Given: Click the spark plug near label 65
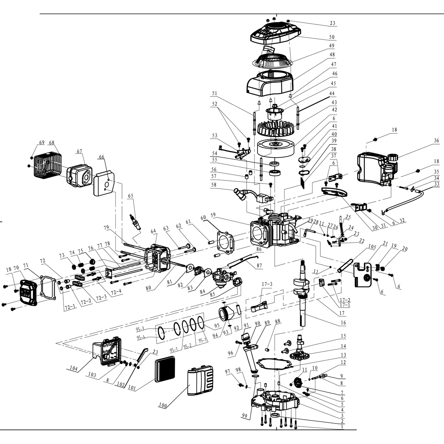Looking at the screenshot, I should tap(136, 222).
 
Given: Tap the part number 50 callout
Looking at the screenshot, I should tap(331, 37).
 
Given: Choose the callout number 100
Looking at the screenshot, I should tap(163, 405).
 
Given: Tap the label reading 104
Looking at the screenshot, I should tap(73, 368).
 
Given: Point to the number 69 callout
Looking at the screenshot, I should tap(41, 143).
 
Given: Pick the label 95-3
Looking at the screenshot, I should tap(140, 329).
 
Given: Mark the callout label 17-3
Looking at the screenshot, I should tap(267, 284).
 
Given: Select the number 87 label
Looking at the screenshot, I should tap(259, 266).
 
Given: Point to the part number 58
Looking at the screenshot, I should tap(214, 185).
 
